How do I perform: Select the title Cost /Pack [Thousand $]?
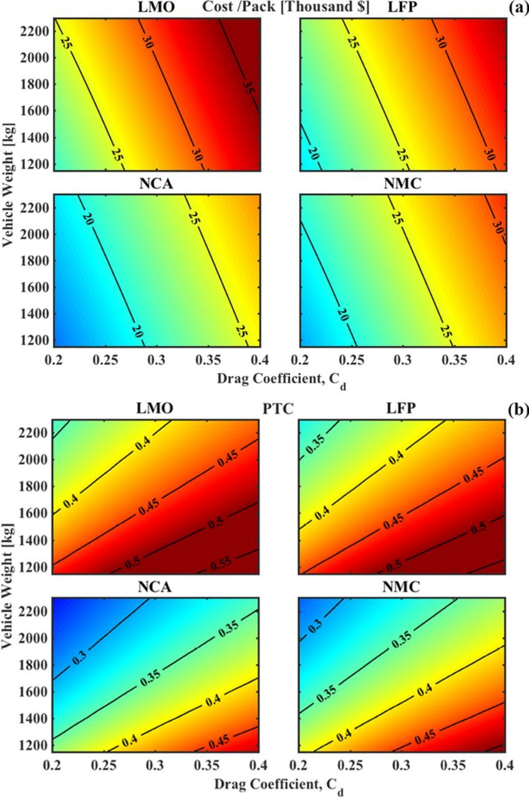(286, 8)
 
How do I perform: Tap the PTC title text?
(279, 410)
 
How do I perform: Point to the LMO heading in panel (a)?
(156, 8)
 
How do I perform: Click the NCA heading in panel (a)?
(156, 185)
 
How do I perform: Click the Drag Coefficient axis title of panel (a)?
(278, 378)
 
